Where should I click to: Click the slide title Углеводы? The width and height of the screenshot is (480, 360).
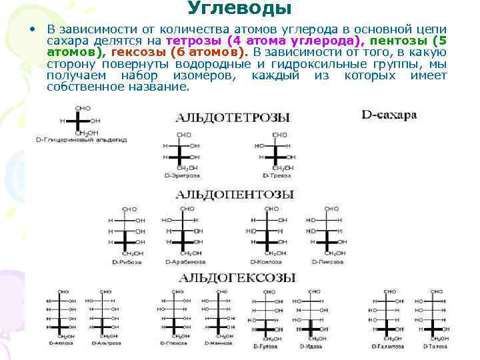[239, 9]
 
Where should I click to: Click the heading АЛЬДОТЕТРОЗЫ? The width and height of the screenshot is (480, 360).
[233, 117]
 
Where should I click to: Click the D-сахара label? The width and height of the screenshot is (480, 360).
[389, 115]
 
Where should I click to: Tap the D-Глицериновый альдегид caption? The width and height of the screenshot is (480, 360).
[82, 140]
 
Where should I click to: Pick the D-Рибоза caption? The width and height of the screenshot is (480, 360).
[125, 262]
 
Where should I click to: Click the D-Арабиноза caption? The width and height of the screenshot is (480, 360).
[182, 262]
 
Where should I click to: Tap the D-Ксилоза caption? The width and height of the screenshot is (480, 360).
[265, 262]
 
